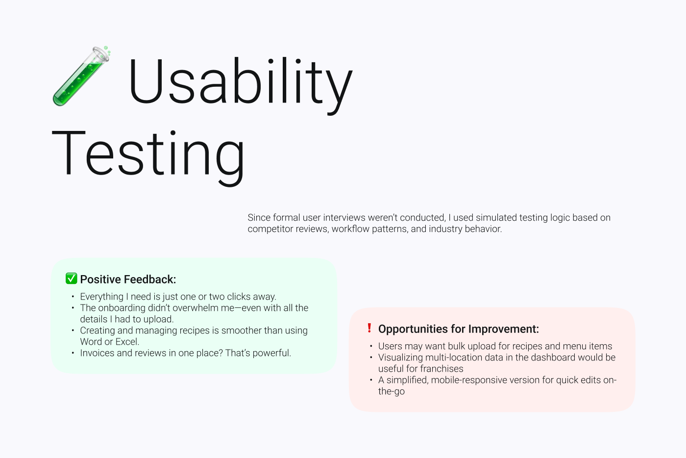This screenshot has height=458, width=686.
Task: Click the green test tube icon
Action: click(81, 76)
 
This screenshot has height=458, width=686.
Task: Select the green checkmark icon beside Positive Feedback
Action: click(72, 279)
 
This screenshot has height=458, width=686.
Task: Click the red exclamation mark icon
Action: click(369, 328)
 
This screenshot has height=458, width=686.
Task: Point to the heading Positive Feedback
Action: click(128, 280)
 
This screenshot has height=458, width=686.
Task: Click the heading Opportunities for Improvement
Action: click(458, 329)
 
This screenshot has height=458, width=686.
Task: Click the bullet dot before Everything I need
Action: click(73, 297)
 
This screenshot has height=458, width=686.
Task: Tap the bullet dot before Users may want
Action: click(371, 346)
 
